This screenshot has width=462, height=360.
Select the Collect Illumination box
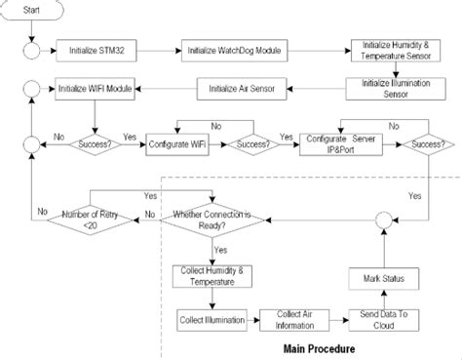tap(209, 320)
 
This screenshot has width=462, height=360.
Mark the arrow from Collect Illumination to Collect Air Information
tap(250, 320)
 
